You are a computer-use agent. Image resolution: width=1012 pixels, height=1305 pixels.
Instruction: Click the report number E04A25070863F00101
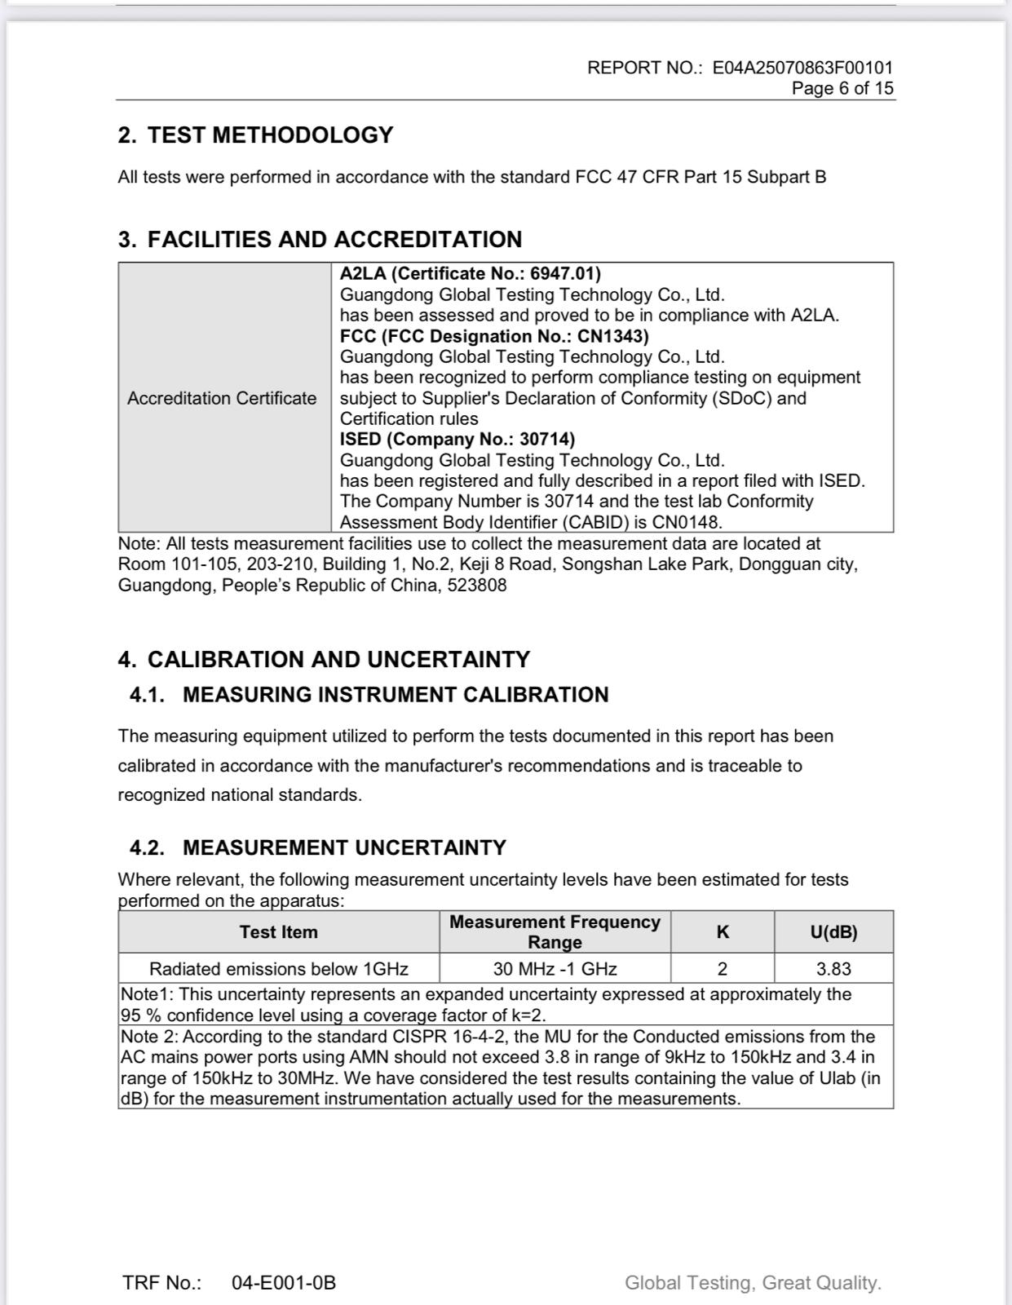[x=802, y=68]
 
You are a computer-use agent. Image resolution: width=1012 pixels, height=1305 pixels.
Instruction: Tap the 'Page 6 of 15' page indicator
[x=842, y=88]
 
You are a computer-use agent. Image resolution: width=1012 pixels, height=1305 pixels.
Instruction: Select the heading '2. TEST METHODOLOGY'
[x=255, y=135]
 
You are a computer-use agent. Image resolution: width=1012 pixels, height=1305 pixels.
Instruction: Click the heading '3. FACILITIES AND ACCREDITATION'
[x=320, y=240]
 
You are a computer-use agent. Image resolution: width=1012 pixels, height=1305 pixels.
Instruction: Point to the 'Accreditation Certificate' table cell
[x=222, y=398]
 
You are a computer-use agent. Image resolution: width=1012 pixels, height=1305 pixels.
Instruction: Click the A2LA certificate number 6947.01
[x=565, y=273]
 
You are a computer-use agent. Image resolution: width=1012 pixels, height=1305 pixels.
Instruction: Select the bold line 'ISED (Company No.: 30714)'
[x=457, y=439]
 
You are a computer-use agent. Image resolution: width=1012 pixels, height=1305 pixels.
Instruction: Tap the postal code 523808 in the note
[x=477, y=585]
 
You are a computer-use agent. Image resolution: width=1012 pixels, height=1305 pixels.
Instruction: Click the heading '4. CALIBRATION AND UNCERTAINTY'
[x=324, y=659]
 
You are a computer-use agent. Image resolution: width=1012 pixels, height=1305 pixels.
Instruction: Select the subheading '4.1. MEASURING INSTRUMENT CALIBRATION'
[x=369, y=695]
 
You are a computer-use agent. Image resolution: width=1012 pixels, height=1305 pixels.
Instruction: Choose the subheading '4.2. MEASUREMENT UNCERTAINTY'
[x=318, y=847]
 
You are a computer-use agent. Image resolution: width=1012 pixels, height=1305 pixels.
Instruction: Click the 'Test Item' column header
[x=279, y=932]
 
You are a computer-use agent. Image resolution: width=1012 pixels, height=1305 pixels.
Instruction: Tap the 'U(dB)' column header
[x=833, y=932]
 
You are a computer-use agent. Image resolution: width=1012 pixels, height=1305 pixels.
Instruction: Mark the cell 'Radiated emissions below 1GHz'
[x=279, y=969]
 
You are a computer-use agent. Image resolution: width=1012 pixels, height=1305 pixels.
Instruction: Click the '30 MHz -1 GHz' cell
[x=555, y=969]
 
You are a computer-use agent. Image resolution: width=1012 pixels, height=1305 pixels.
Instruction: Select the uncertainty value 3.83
[x=833, y=969]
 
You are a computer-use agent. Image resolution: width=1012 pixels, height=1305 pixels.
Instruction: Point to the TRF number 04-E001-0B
[x=284, y=1283]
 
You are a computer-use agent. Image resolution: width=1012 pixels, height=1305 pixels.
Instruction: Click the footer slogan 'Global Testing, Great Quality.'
[x=753, y=1283]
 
